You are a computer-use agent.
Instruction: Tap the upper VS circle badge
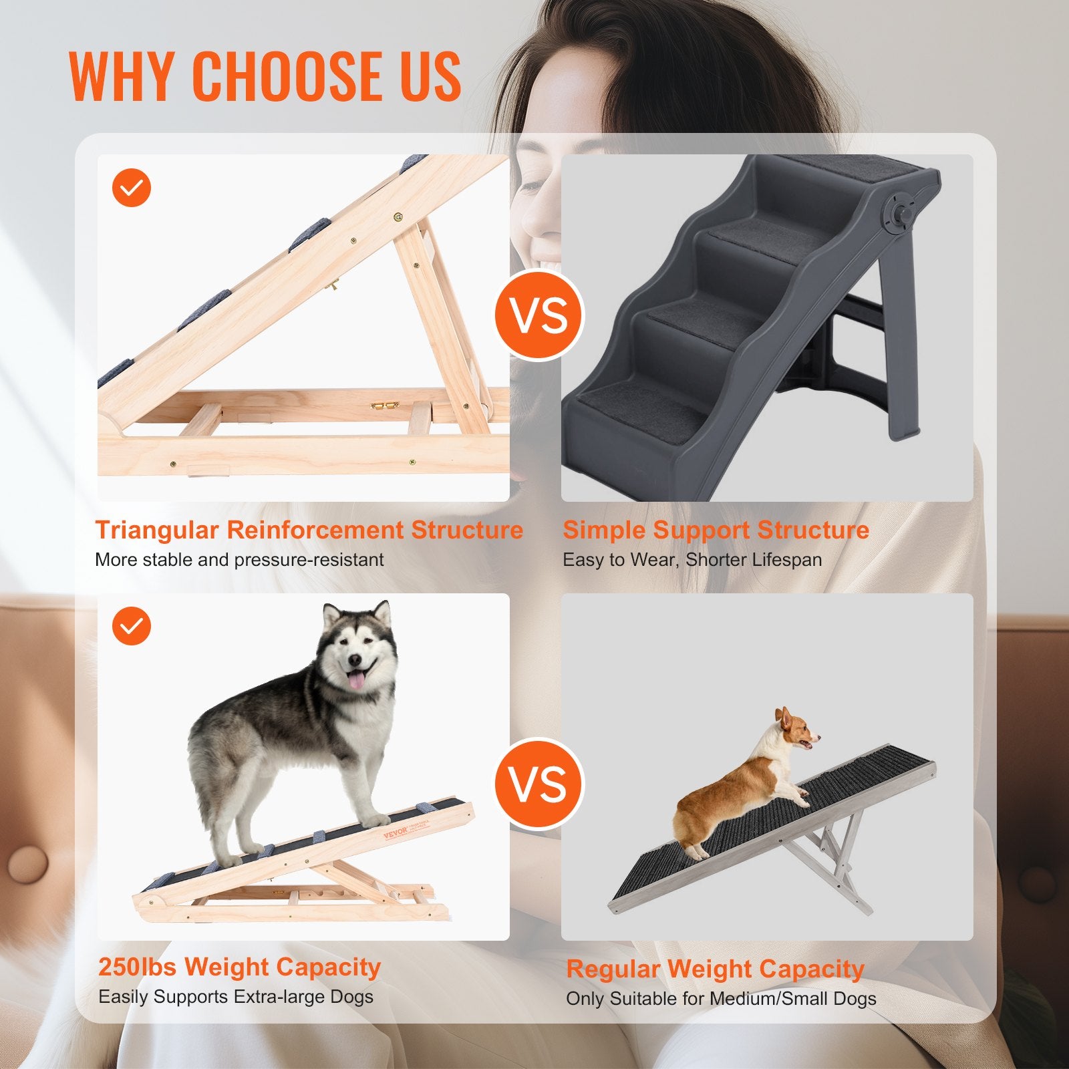tap(539, 315)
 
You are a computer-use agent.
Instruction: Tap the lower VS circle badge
tap(539, 783)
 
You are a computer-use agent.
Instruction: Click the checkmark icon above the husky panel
tap(132, 625)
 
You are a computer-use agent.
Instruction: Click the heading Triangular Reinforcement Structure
tap(309, 530)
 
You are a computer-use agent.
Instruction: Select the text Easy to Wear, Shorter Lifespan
tap(692, 559)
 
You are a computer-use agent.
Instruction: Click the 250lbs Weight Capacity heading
tap(239, 967)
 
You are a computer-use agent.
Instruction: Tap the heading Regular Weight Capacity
tap(715, 969)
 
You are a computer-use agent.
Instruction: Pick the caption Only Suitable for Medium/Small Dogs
tap(721, 999)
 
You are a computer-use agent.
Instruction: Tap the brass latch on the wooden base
tap(386, 406)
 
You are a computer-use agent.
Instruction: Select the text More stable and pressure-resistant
tap(239, 559)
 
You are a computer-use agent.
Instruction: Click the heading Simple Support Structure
tap(716, 530)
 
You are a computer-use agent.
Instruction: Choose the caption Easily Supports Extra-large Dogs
tap(236, 997)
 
